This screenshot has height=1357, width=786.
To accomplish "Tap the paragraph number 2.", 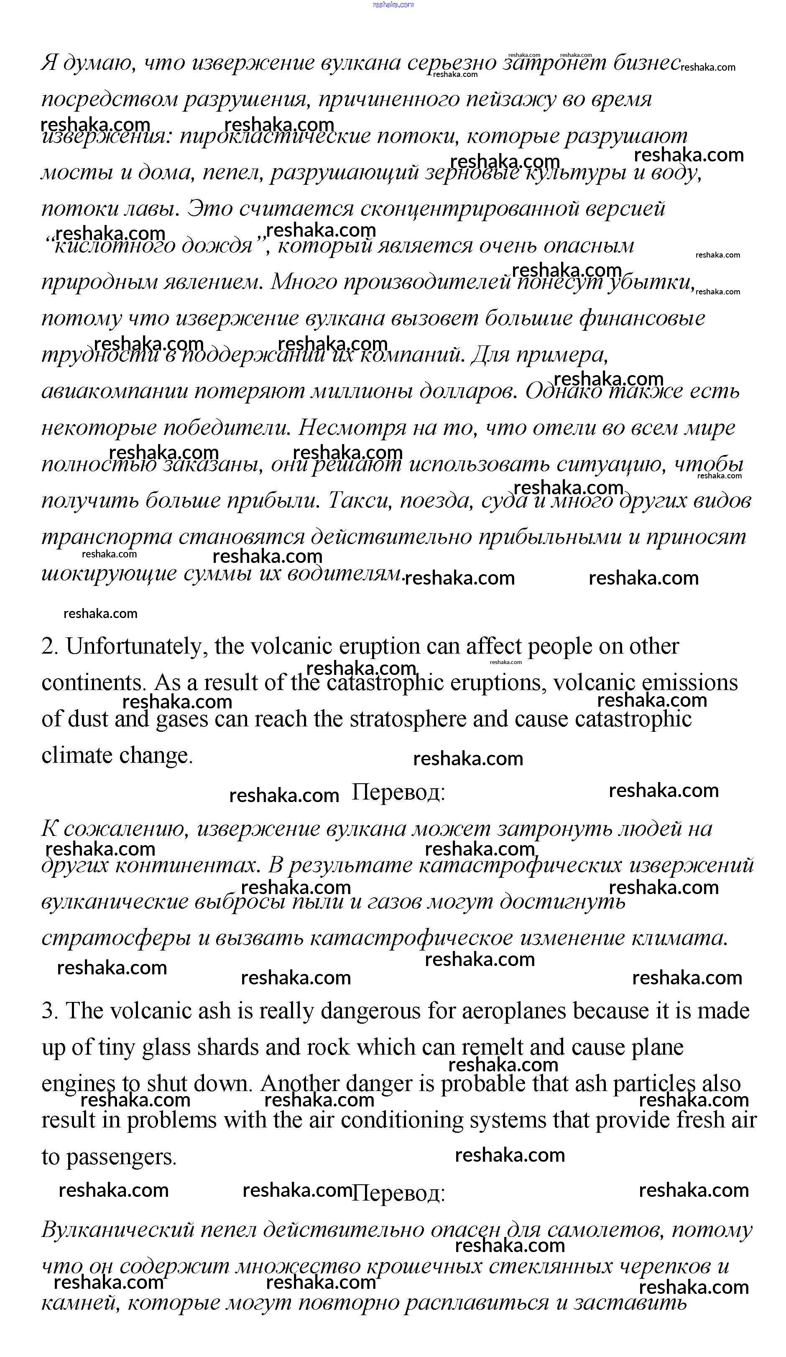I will [49, 647].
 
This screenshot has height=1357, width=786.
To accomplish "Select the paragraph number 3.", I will [49, 1011].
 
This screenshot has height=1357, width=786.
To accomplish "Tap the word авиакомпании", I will [114, 391].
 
